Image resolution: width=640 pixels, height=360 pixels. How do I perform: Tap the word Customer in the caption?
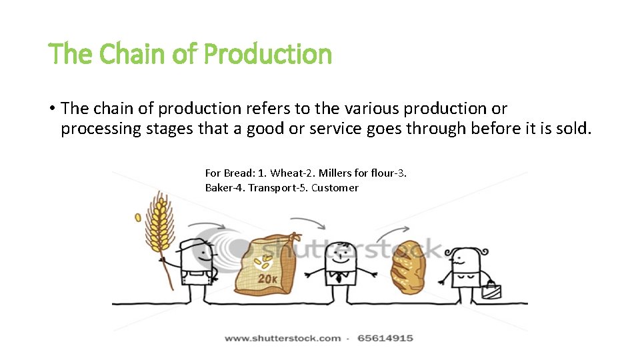[335, 187]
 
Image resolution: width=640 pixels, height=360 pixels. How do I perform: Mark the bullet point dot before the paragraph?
[51, 109]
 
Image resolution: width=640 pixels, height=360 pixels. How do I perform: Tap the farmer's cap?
[197, 245]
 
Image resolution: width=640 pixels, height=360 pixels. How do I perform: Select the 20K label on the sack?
[269, 277]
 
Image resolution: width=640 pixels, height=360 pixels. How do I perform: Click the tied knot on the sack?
[294, 238]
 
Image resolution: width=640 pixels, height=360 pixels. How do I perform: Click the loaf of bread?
[407, 267]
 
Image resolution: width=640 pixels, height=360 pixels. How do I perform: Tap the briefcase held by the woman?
[491, 289]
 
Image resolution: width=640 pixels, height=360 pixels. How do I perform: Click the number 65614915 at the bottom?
[385, 338]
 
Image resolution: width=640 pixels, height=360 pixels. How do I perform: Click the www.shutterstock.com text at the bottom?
[283, 338]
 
